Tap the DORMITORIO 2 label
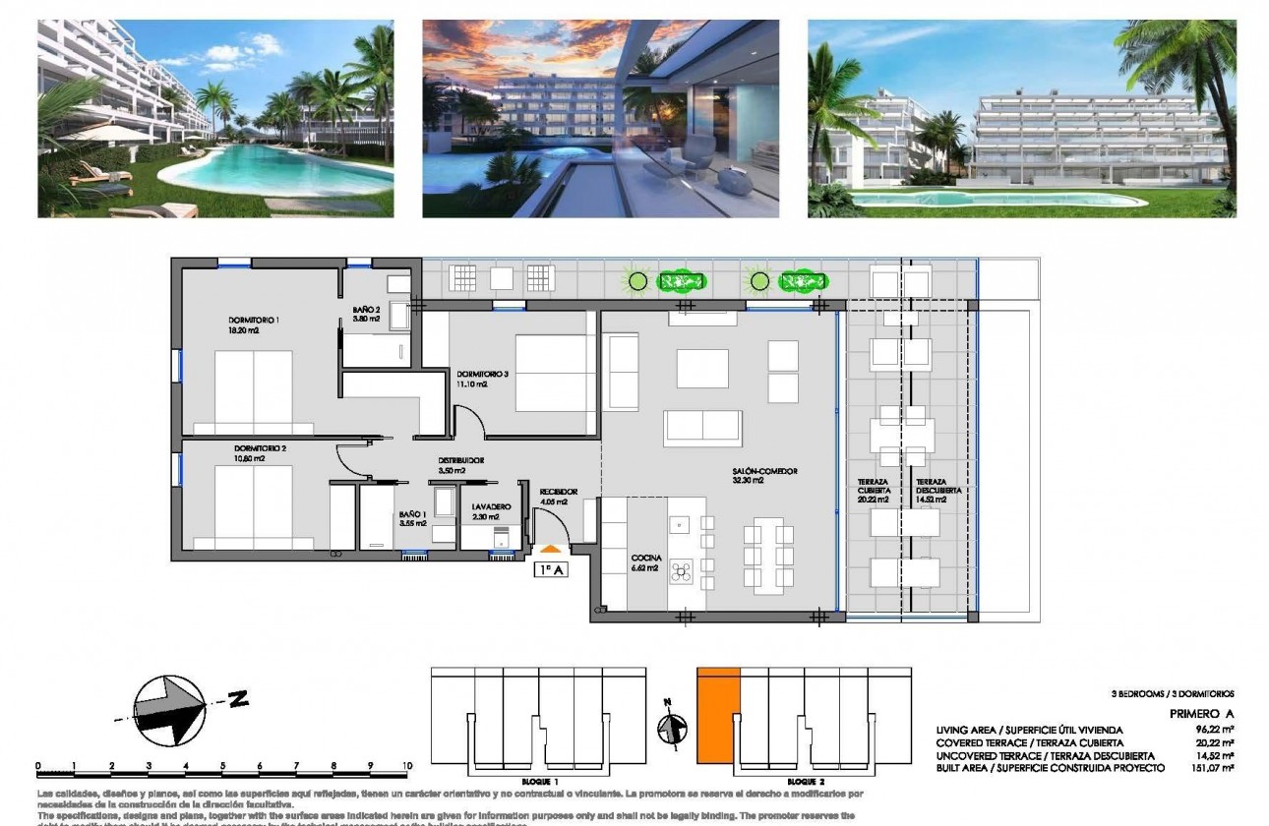tap(260, 448)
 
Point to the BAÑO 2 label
tap(367, 310)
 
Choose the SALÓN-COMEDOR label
tap(764, 471)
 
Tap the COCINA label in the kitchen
tap(646, 559)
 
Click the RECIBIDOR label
tap(558, 492)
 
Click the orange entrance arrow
tap(551, 548)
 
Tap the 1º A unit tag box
tap(553, 568)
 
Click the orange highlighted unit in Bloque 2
tap(718, 716)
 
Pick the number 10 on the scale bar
tap(406, 765)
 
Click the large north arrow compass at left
tap(169, 708)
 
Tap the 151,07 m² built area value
tap(1213, 767)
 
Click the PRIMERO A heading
tap(1200, 714)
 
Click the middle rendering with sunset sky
tap(600, 118)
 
